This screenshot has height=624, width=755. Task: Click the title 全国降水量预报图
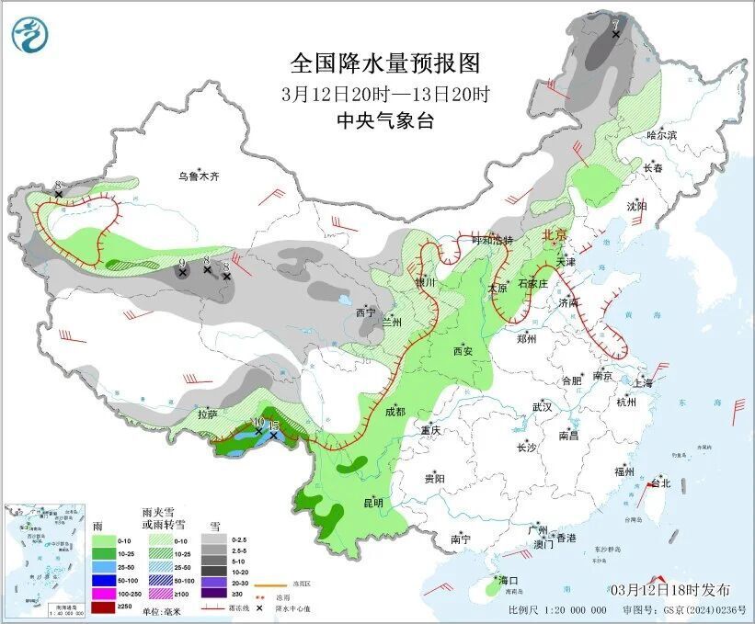[385, 63]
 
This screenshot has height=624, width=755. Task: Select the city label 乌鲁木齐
[200, 176]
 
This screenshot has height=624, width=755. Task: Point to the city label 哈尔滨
[661, 135]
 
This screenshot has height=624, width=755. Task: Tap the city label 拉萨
[207, 414]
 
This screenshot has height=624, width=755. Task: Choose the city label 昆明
[372, 502]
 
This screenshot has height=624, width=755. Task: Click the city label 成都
[395, 411]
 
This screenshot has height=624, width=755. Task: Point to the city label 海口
[509, 581]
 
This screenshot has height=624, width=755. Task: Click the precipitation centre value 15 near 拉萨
[272, 425]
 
